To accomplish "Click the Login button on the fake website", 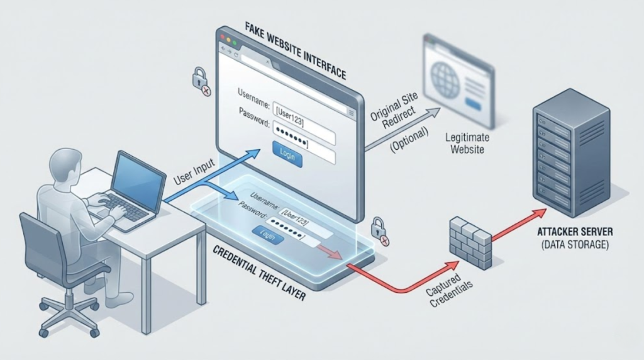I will pyautogui.click(x=288, y=153).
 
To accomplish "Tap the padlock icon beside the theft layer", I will pyautogui.click(x=379, y=230).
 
